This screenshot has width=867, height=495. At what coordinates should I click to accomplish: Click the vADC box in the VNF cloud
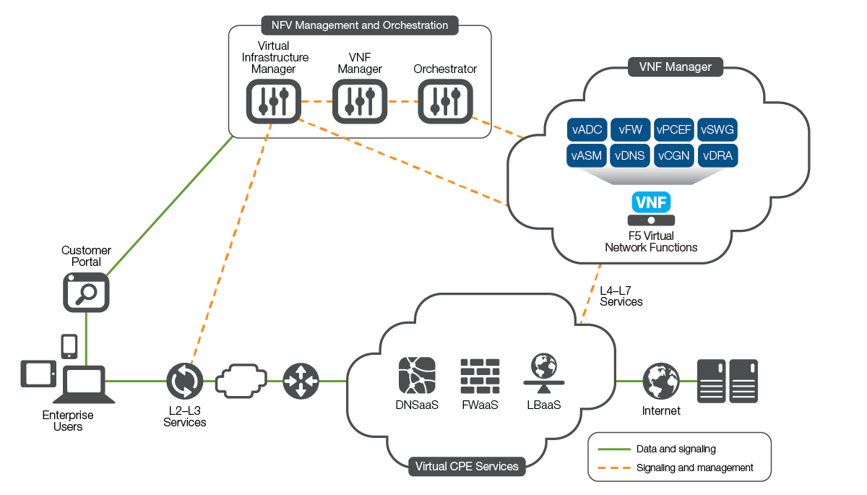point(587,130)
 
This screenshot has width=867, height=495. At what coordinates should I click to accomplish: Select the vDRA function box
point(717,156)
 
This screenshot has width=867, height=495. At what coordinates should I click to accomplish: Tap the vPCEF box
point(674,130)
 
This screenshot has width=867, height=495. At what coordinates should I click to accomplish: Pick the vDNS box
point(631,156)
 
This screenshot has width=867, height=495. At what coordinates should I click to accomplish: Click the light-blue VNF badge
point(651,202)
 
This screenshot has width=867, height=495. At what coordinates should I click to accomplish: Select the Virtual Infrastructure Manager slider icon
point(273,101)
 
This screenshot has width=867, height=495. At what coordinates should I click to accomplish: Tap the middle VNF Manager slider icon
point(360,101)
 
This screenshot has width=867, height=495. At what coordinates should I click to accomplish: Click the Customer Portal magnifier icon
point(85,293)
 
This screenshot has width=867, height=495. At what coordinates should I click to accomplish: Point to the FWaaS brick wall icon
point(480,376)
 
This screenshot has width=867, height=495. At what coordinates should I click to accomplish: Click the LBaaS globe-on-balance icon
point(542,374)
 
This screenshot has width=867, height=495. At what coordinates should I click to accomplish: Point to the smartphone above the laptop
point(69,346)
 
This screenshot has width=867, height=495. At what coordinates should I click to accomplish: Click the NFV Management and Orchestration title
point(360,25)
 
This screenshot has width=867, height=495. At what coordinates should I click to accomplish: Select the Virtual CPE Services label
point(467,466)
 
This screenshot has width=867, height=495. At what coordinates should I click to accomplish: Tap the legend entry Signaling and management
point(695,468)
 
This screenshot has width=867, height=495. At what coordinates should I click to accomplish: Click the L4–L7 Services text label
point(621,296)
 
